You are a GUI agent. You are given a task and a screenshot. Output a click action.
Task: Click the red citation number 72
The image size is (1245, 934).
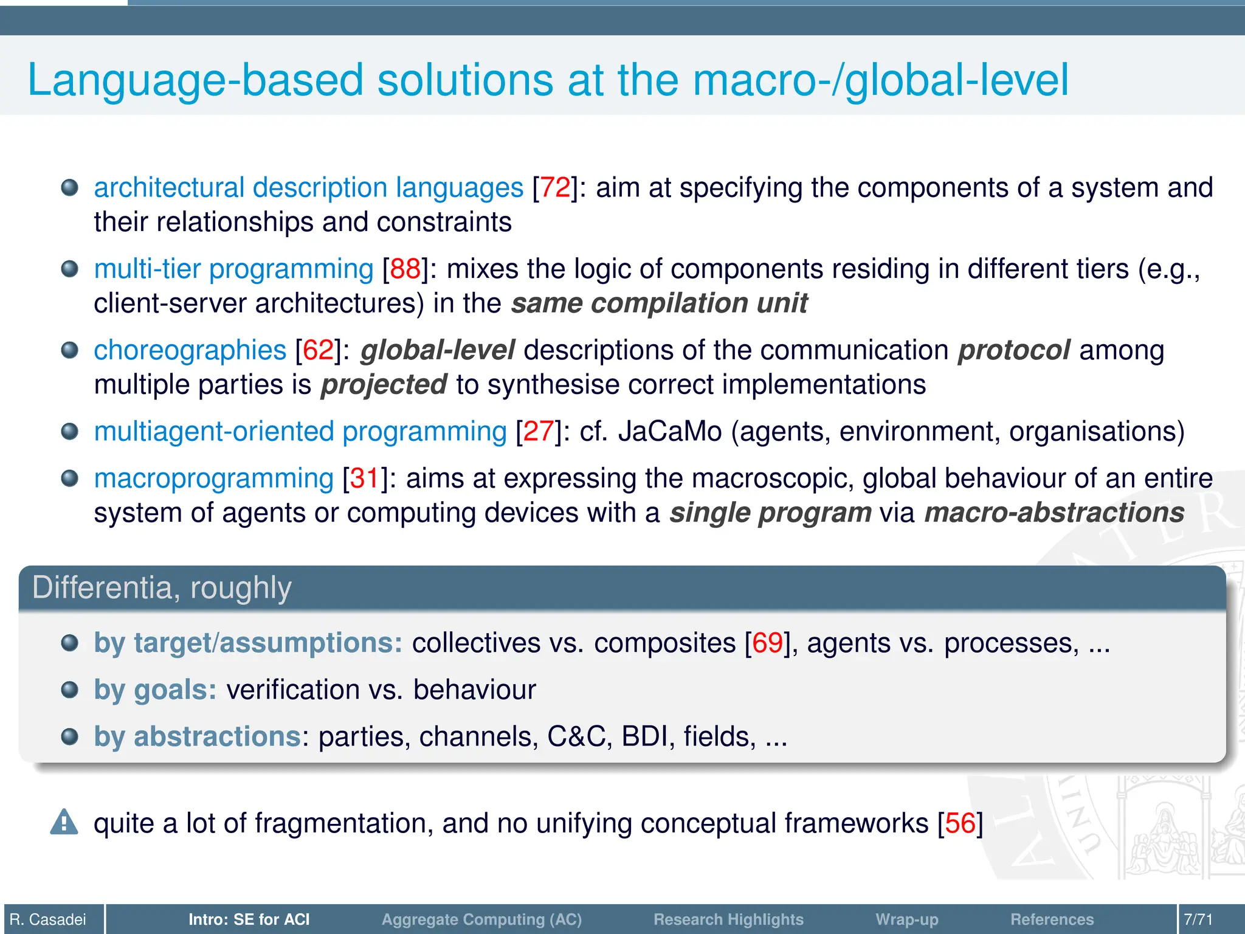pyautogui.click(x=555, y=188)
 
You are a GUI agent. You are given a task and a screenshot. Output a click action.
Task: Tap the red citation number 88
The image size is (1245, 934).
pyautogui.click(x=405, y=269)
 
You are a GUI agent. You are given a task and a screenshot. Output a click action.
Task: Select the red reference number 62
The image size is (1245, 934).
pyautogui.click(x=318, y=351)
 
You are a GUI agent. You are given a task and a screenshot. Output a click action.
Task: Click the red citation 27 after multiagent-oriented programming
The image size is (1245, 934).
pyautogui.click(x=538, y=432)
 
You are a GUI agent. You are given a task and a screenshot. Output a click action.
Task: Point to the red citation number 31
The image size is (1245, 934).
pyautogui.click(x=365, y=479)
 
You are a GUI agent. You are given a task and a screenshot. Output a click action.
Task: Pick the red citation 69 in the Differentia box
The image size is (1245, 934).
pyautogui.click(x=767, y=643)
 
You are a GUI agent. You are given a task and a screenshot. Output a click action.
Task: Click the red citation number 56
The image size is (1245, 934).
pyautogui.click(x=960, y=823)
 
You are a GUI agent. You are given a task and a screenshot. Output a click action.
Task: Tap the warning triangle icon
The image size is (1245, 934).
pyautogui.click(x=64, y=823)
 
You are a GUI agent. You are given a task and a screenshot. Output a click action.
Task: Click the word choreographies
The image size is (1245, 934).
pyautogui.click(x=190, y=351)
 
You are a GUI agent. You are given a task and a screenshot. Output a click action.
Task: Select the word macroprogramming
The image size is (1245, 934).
pyautogui.click(x=213, y=479)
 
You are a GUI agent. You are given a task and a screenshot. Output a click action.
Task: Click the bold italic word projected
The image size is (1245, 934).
pyautogui.click(x=384, y=385)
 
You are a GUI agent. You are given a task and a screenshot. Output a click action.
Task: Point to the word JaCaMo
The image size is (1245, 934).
pyautogui.click(x=670, y=432)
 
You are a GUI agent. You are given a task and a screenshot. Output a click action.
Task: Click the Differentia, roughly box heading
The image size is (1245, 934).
pyautogui.click(x=162, y=588)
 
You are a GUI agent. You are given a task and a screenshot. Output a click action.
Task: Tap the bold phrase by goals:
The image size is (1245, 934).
pyautogui.click(x=155, y=690)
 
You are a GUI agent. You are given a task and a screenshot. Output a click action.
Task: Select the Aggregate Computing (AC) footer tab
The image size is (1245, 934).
pyautogui.click(x=481, y=919)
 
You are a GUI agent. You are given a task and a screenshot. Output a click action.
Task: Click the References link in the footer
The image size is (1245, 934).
pyautogui.click(x=1052, y=919)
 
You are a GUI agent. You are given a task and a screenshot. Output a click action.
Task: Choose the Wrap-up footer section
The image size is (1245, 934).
pyautogui.click(x=906, y=919)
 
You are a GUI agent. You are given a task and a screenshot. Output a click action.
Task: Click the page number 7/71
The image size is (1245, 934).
pyautogui.click(x=1198, y=919)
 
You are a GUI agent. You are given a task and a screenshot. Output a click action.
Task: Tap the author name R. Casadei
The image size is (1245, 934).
pyautogui.click(x=48, y=919)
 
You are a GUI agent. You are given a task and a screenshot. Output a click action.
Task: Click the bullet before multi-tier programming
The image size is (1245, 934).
pyautogui.click(x=70, y=269)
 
